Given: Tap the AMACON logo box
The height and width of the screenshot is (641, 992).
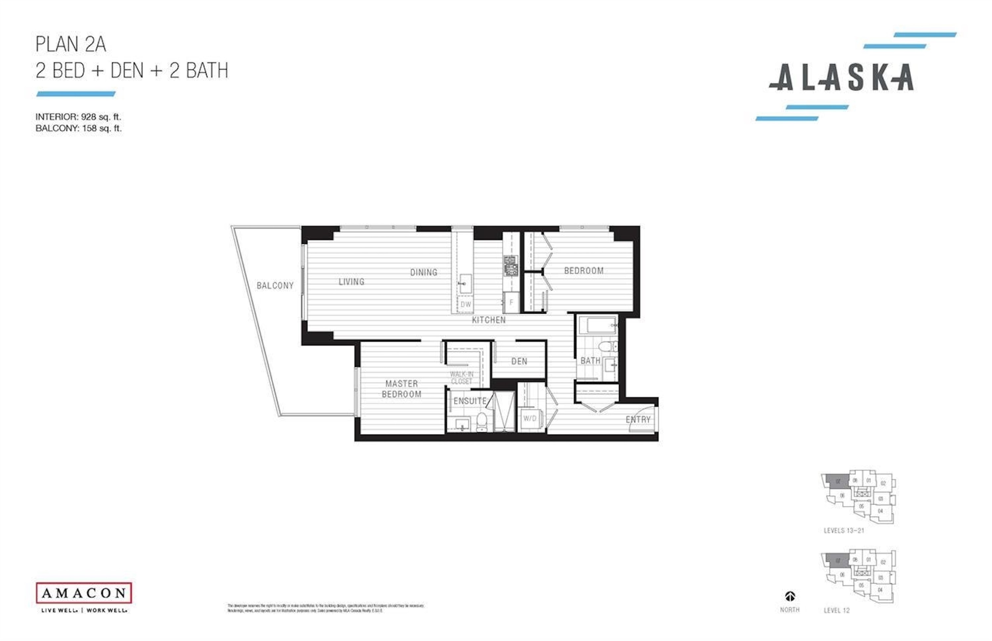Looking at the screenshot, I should (84, 593).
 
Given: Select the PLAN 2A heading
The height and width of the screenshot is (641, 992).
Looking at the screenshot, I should (71, 44).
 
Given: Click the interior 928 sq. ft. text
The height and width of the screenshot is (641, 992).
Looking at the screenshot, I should (78, 117).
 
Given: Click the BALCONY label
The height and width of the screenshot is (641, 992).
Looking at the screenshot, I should (275, 286).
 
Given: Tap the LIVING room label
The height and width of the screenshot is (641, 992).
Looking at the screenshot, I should (351, 282).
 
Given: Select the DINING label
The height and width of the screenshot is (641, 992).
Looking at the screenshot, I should (424, 272).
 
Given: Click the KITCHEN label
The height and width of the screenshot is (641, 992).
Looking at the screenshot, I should (488, 320).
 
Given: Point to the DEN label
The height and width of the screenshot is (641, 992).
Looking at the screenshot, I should (519, 361).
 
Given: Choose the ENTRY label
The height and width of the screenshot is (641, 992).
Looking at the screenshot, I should (638, 420).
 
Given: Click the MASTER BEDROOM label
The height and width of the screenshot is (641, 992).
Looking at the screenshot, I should (401, 389).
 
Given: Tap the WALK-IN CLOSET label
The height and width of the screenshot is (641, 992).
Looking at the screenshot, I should (461, 378).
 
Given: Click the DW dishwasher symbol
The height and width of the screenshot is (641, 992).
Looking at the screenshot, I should (466, 304).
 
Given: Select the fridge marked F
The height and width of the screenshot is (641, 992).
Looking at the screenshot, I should (511, 302).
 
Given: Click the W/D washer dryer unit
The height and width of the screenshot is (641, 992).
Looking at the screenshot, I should (530, 418).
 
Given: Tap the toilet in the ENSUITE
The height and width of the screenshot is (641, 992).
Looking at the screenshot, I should (482, 421).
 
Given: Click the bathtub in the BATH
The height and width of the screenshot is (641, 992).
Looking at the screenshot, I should (597, 325).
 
